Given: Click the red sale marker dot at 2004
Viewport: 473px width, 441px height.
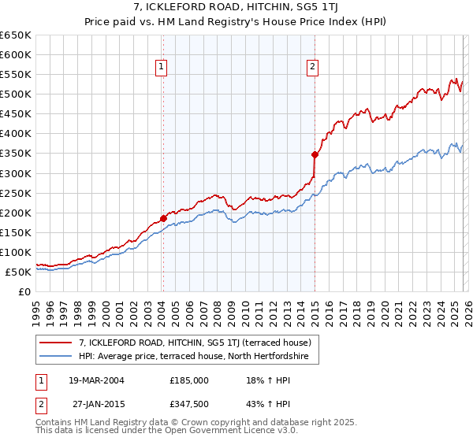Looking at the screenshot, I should coord(163,218).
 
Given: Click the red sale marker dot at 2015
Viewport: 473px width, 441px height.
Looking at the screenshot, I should coord(315,154).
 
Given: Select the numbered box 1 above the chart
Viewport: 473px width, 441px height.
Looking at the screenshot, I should coord(161,68).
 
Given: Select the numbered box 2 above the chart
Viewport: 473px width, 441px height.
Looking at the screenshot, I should coord(312,68).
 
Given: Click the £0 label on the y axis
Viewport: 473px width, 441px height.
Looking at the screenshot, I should coord(23,291).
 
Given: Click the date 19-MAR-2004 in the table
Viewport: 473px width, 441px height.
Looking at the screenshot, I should coord(96,380).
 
